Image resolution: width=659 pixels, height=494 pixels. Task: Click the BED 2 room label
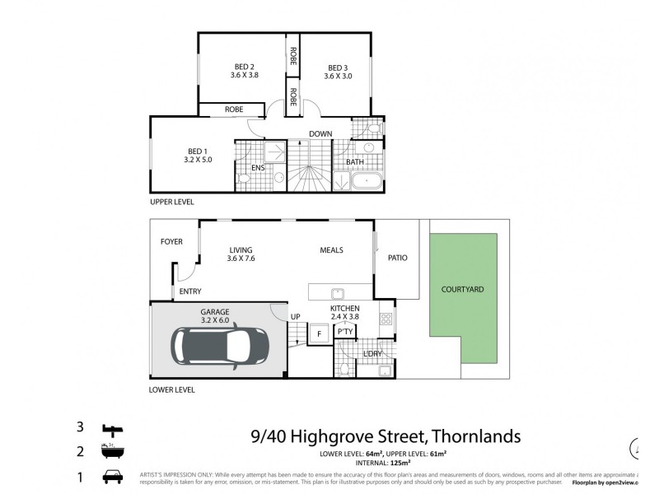243,68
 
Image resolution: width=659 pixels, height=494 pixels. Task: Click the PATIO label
397,258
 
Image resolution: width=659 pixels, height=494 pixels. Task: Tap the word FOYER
171,241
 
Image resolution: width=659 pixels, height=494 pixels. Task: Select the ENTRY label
190,291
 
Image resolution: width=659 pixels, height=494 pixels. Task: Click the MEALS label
331,250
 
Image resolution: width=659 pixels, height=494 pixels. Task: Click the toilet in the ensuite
245,179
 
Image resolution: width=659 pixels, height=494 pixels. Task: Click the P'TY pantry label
345,332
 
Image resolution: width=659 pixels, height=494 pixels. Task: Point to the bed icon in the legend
113,428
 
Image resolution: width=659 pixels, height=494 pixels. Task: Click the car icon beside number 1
112,477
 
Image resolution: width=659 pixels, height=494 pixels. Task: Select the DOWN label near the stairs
320,133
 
